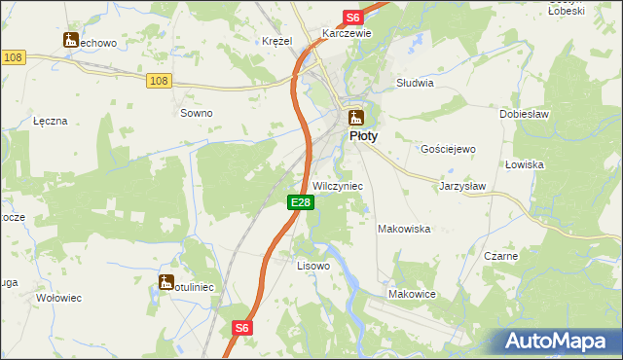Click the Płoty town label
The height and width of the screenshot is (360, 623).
coord(363,137)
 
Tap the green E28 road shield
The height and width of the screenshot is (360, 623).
coord(300,202)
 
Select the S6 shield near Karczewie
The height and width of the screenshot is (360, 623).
coord(352,18)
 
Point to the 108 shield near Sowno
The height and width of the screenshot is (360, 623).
coord(160,81)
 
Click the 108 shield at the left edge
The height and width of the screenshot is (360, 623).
coord(13,58)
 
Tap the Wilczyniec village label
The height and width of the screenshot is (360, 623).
coord(338,185)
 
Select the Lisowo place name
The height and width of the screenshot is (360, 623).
coord(313,266)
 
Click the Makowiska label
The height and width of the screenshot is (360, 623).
coord(404,229)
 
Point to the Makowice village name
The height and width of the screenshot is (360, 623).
coord(412,293)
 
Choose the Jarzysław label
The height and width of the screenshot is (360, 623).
coord(462,185)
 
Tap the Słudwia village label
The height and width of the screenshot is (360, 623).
coord(415,84)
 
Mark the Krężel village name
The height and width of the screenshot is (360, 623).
coord(277,41)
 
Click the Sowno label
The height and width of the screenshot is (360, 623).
coord(197,113)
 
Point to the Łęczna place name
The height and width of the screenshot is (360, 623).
coord(50,121)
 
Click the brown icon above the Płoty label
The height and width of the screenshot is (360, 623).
coord(357,117)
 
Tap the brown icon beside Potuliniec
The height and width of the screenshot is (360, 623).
coord(165,282)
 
